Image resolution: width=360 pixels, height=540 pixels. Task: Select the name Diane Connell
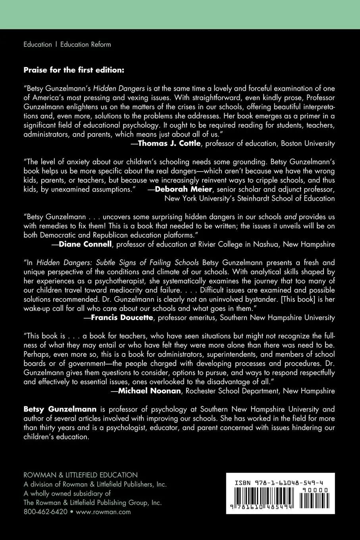pyautogui.click(x=85, y=244)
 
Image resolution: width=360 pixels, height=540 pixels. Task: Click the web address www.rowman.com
pyautogui.click(x=103, y=511)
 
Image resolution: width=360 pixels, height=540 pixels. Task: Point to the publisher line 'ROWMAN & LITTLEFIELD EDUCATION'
pyautogui.click(x=81, y=475)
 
